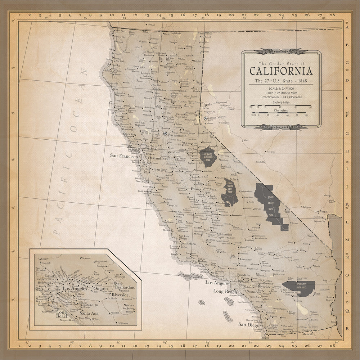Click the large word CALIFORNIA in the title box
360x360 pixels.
pyautogui.click(x=281, y=71)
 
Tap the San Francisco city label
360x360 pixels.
pyautogui.click(x=124, y=157)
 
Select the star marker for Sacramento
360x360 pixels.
pyautogui.click(x=165, y=134)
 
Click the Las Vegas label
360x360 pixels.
pyautogui.click(x=321, y=211)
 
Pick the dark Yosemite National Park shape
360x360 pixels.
pyautogui.click(x=208, y=156)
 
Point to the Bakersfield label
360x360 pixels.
pyautogui.click(x=225, y=234)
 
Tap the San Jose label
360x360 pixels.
pyautogui.click(x=161, y=169)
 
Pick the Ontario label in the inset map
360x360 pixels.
pyautogui.click(x=100, y=289)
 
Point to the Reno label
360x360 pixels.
pyautogui.click(x=206, y=108)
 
